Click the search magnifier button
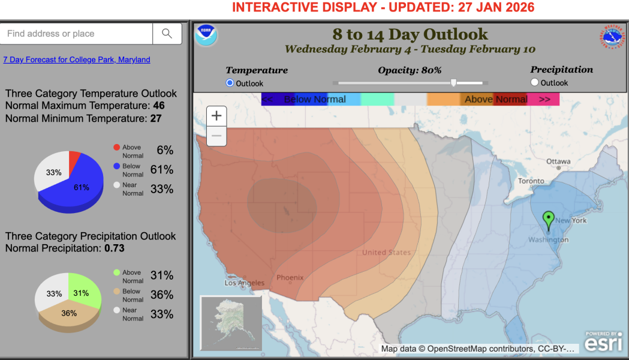click(x=167, y=34)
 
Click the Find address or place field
click(x=77, y=34)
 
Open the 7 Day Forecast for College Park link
click(x=77, y=60)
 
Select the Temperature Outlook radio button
click(x=230, y=83)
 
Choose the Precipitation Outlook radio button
click(x=535, y=83)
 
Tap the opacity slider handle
click(x=453, y=83)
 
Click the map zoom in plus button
click(x=216, y=116)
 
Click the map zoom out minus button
click(x=216, y=136)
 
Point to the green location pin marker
click(x=548, y=220)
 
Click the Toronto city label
click(x=531, y=181)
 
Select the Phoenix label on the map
click(x=290, y=277)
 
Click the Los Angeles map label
click(x=244, y=283)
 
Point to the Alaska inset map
click(x=231, y=323)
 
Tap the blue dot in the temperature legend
click(x=116, y=166)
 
